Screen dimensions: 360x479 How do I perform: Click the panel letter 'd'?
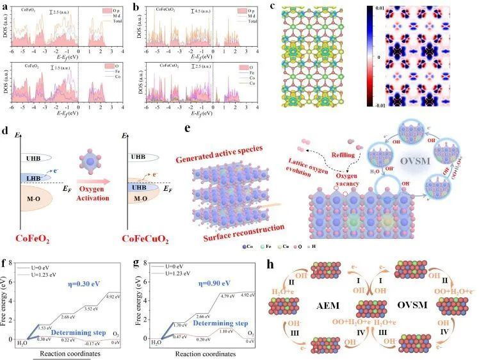5,133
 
